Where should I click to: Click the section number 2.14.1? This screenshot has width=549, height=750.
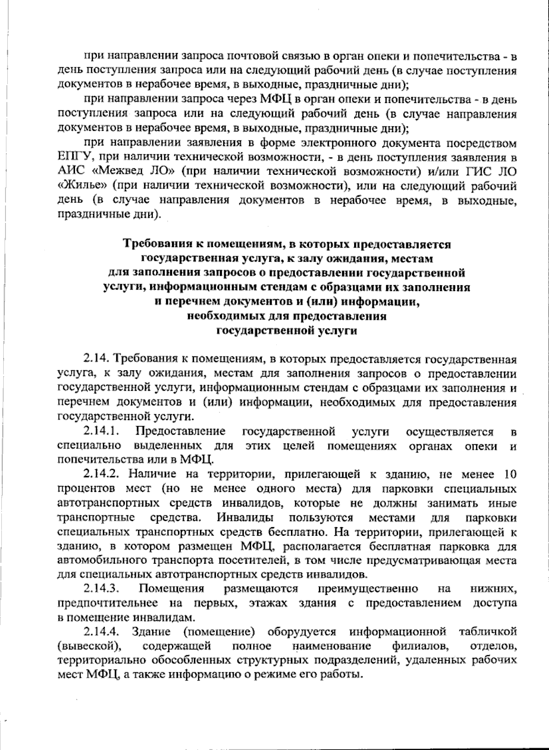pyautogui.click(x=101, y=432)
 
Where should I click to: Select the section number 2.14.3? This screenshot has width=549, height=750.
pyautogui.click(x=101, y=588)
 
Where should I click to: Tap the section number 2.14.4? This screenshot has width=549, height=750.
pyautogui.click(x=101, y=631)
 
